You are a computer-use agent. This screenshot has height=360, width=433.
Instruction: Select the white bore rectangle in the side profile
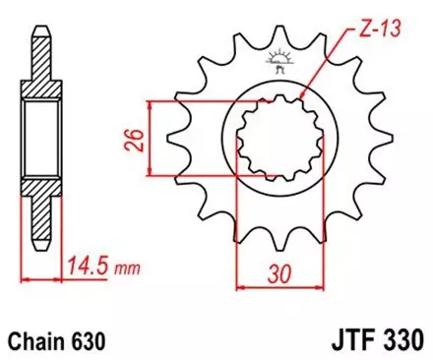(39, 140)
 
